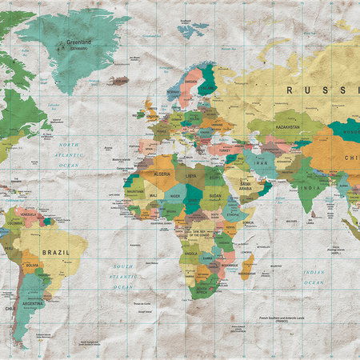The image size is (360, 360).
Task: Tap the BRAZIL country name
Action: coord(57,252)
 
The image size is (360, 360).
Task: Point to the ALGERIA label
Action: coord(162,174)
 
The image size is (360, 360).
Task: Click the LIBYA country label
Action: coord(190,174)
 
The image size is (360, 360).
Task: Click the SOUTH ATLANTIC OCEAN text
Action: coord(123,276)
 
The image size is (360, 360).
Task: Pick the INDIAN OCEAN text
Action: coord(314,277)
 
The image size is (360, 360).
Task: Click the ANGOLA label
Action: coord(191,254)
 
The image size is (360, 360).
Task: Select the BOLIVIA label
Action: coord(32,264)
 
